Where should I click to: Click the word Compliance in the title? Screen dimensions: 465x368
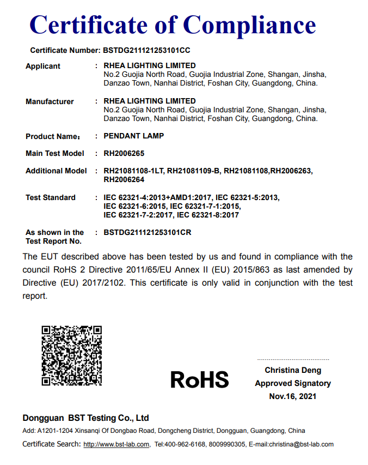(249, 25)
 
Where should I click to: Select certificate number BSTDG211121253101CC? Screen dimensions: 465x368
(146, 51)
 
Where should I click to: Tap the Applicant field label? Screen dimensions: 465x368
(43, 67)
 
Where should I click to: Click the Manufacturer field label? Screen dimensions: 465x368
(50, 101)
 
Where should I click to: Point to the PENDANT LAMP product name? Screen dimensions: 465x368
(134, 136)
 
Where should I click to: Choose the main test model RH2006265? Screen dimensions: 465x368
(124, 154)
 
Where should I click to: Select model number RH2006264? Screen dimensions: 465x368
(124, 179)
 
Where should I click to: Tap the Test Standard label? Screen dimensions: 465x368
(51, 197)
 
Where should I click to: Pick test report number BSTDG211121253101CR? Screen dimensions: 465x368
(148, 233)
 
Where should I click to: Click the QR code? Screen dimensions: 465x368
(72, 355)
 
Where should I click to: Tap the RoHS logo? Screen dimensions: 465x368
(200, 379)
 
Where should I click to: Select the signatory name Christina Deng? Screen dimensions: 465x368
(293, 371)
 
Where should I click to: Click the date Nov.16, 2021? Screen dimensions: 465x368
(293, 396)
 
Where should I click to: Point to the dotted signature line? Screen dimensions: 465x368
(293, 360)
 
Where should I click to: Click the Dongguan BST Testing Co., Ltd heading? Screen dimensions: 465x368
(85, 418)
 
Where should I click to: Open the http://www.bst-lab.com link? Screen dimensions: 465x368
(116, 445)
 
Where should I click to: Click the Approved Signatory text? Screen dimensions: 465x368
(293, 383)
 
